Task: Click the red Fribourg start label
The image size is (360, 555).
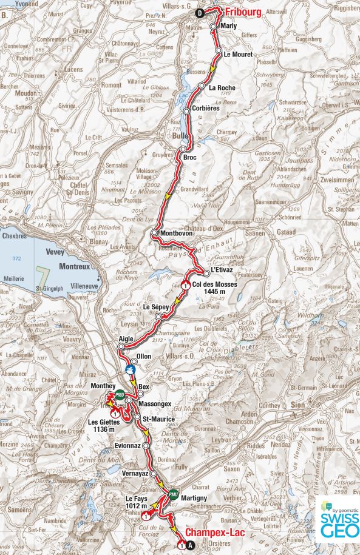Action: (243, 12)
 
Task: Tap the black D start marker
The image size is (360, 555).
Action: (199, 13)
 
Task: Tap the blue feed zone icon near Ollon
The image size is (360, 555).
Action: (130, 369)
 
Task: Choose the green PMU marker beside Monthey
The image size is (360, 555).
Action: (120, 394)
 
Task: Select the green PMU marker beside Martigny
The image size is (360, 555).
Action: (174, 494)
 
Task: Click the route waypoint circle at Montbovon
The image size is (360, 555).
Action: (155, 233)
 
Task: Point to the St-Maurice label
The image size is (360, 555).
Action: (158, 419)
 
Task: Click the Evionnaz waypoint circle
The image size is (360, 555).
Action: (146, 445)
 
